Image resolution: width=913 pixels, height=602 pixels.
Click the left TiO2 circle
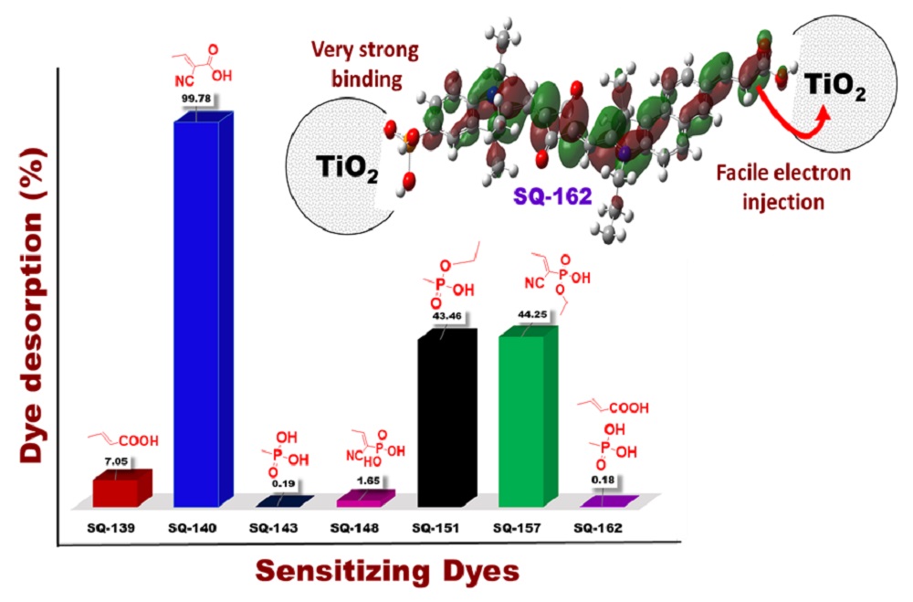(x=337, y=169)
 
